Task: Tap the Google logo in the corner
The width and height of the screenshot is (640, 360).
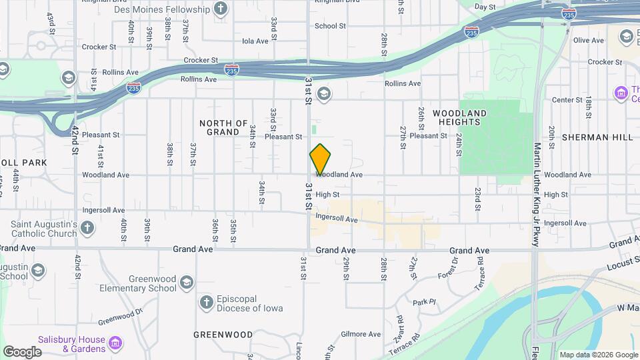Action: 22,351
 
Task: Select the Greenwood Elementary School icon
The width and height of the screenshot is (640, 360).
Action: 187,283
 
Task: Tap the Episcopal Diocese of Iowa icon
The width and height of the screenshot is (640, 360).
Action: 207,303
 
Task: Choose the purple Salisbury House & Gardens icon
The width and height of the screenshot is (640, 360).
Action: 117,343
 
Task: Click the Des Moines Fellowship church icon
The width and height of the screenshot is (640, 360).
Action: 221,9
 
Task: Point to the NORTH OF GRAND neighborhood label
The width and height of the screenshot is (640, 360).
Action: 223,127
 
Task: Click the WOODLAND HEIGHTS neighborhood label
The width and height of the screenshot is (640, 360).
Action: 460,117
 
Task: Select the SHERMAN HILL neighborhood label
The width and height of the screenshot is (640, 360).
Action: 597,137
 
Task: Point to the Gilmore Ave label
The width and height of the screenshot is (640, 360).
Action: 360,334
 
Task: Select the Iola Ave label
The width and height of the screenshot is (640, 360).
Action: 255,41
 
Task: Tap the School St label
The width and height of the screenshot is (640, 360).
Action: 330,26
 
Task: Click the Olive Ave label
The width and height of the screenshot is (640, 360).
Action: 588,41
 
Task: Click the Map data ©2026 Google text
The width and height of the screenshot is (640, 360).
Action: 598,355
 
